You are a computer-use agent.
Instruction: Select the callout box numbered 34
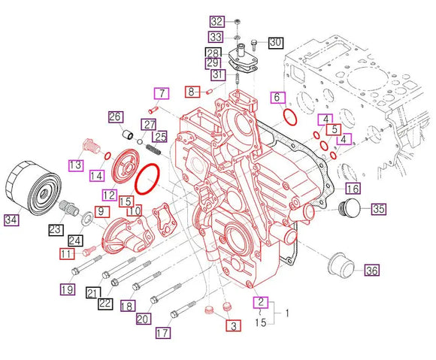click(x=10, y=220)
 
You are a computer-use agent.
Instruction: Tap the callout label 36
click(x=372, y=270)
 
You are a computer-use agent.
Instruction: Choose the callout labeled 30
click(x=274, y=42)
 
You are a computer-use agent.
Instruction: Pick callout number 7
click(x=161, y=93)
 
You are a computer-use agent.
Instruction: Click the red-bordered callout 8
click(x=192, y=91)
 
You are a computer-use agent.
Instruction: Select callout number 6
click(x=277, y=97)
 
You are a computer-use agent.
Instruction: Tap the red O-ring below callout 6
click(x=289, y=116)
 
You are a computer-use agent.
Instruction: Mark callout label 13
click(x=76, y=165)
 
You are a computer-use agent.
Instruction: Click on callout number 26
click(x=115, y=116)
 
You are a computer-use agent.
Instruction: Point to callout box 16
click(x=352, y=188)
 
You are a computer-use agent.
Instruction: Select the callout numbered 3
click(x=233, y=325)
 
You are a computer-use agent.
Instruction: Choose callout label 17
click(x=162, y=332)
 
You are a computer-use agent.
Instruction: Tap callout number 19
click(x=66, y=289)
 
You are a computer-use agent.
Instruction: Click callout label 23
click(x=56, y=229)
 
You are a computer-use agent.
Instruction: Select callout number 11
click(x=67, y=254)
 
